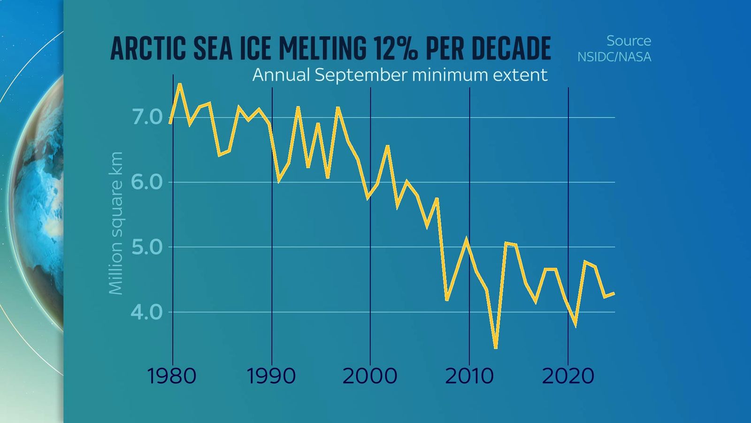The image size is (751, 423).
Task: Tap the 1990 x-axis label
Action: click(271, 376)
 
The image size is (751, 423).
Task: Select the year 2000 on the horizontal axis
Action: click(370, 376)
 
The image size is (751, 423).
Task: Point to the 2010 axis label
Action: click(469, 376)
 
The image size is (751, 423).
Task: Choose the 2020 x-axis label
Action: click(568, 376)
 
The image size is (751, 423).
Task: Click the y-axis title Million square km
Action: click(115, 223)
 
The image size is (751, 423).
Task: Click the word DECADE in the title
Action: click(511, 48)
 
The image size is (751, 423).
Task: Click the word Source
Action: click(628, 41)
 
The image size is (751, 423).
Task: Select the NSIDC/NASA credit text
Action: click(614, 57)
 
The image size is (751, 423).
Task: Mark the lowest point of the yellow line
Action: click(495, 347)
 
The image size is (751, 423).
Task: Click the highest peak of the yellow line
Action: click(180, 85)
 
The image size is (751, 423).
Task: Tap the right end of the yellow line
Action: click(613, 293)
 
